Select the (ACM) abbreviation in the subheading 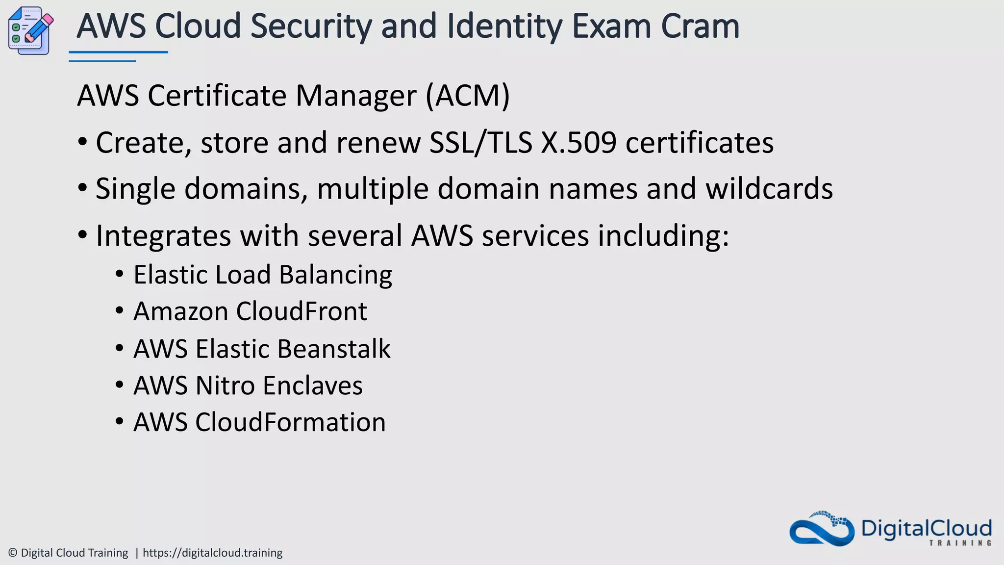coord(468,95)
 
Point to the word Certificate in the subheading coord(217,95)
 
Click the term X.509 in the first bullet coord(578,143)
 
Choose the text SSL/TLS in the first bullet coord(480,143)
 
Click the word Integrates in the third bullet coord(163,236)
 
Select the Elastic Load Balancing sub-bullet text coord(263,275)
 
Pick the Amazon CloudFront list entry coord(250,311)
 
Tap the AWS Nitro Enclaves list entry coord(248,385)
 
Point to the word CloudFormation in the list coord(290,422)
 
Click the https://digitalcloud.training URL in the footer coord(212,553)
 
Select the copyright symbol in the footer coord(13,553)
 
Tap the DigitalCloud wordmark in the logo coord(926,529)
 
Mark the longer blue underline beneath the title coord(118,52)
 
